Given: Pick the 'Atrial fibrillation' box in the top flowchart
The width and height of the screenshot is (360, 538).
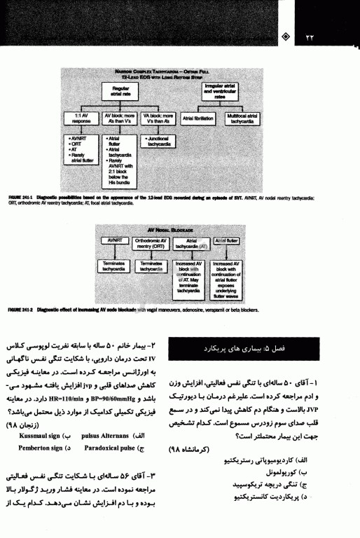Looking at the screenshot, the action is pyautogui.click(x=198, y=118).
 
